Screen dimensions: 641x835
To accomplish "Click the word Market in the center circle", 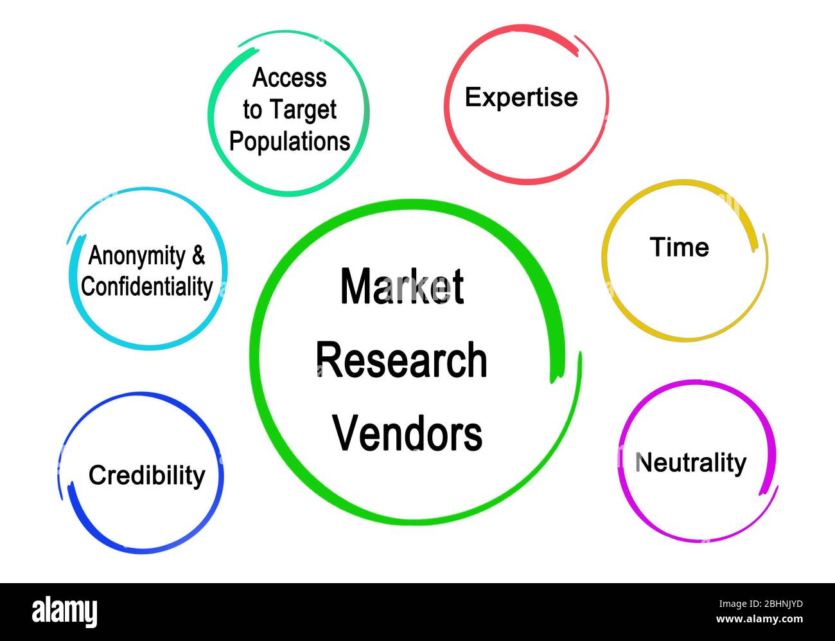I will click(x=401, y=287).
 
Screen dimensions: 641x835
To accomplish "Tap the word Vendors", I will click(x=407, y=433).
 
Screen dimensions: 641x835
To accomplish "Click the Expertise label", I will click(x=521, y=98).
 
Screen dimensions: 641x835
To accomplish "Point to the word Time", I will click(x=679, y=248).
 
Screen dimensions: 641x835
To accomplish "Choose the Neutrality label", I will click(x=690, y=463).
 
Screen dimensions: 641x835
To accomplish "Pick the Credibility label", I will click(x=146, y=476).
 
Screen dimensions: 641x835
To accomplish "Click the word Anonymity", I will click(x=136, y=256).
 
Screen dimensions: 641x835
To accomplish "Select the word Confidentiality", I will click(x=147, y=287).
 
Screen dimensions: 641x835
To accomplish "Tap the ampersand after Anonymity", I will click(x=198, y=256).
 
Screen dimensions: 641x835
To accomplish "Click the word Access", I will click(x=290, y=78).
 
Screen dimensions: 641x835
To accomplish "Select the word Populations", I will click(x=290, y=141).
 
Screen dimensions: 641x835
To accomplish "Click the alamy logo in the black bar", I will click(x=65, y=611).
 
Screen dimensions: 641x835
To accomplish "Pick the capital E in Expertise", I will click(x=473, y=98).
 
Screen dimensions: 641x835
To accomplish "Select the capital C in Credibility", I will click(x=97, y=476).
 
